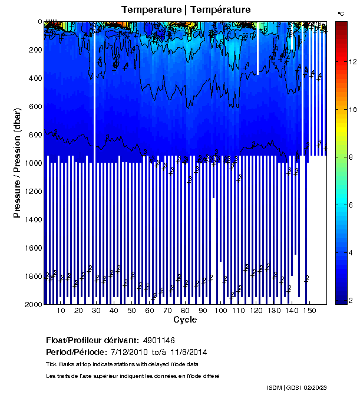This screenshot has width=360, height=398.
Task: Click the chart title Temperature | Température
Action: [186, 9]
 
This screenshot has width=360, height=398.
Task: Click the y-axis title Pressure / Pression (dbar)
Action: [18, 163]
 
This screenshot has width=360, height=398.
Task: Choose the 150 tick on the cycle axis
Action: [309, 311]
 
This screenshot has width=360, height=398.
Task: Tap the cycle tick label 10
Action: [62, 311]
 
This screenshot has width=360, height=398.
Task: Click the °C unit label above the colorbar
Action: [341, 12]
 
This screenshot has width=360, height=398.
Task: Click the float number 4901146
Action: [158, 341]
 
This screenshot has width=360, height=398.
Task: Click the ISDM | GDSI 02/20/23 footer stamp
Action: [296, 387]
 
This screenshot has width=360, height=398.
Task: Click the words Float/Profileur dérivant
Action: [92, 341]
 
